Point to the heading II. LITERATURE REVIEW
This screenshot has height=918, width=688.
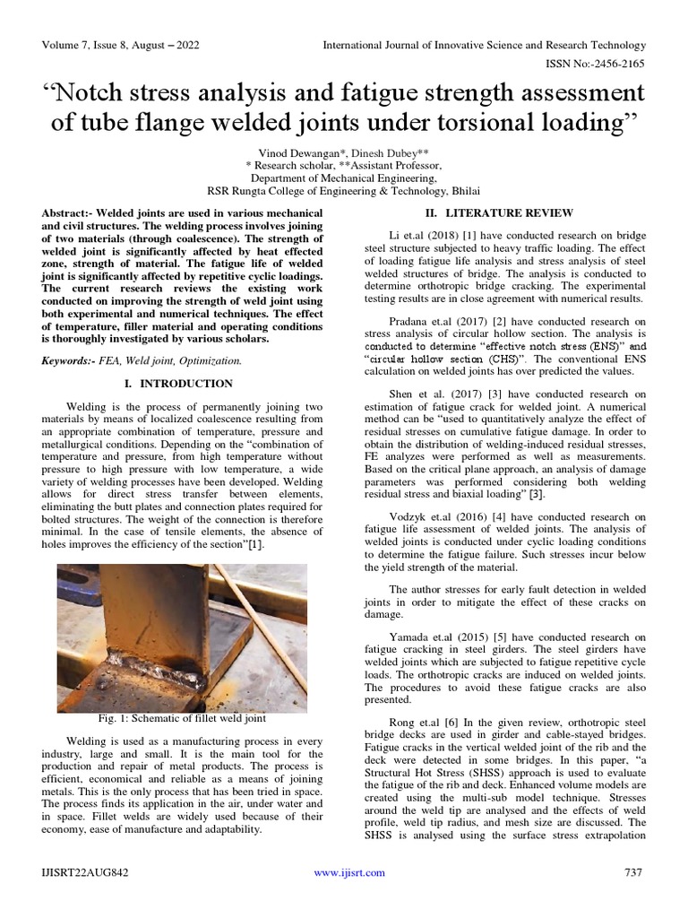498,212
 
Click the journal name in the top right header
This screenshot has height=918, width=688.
484,45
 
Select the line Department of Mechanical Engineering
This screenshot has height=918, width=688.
343,178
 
